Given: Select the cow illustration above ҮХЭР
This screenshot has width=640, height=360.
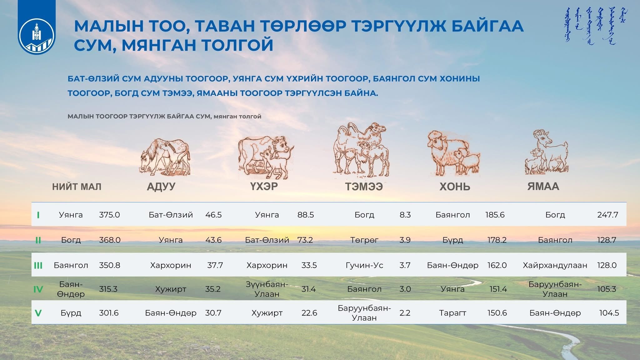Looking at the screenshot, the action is (266, 157).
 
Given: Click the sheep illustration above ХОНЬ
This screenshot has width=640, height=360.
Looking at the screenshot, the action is (453, 153).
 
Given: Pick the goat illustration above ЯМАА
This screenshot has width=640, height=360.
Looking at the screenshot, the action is (546, 152).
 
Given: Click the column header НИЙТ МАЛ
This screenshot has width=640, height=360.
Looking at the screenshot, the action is (77, 187).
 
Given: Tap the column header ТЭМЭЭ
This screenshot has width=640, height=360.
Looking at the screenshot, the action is (364, 187).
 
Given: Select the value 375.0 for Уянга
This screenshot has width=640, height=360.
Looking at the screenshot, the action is (109, 215).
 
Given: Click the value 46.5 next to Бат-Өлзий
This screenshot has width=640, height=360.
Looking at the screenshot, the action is (213, 215).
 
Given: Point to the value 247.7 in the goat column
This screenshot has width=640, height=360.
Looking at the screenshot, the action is (607, 215).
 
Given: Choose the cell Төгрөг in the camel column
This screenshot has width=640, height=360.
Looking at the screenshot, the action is (364, 240).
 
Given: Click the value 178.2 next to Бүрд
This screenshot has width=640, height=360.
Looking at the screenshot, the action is (497, 240).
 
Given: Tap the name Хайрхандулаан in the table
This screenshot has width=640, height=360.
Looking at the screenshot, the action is (555, 265).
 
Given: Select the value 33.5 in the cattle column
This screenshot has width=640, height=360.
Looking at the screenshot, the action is (309, 265).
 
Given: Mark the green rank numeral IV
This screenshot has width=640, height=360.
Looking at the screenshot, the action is (38, 289).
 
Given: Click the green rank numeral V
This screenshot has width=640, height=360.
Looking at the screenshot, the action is (38, 313).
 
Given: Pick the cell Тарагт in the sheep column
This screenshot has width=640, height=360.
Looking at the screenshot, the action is (452, 313).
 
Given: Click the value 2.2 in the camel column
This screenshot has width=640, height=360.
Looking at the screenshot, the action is (405, 313).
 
